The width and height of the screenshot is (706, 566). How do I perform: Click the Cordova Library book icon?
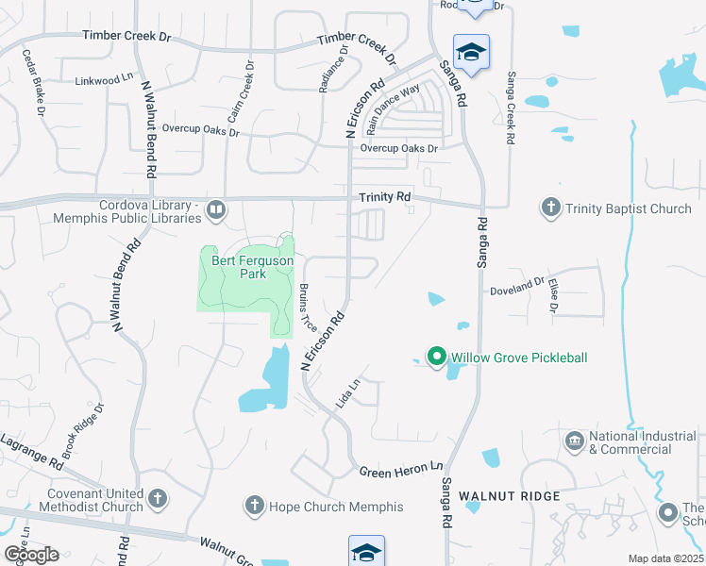215,210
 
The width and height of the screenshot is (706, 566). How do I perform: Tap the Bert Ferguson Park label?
240,267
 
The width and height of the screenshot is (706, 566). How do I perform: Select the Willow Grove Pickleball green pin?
436,357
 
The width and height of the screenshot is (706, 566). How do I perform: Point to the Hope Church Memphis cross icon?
253,506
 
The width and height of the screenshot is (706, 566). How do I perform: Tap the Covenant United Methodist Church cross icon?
158,497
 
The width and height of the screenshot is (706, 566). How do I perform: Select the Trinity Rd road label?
385,197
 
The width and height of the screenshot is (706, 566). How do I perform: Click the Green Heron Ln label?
400,469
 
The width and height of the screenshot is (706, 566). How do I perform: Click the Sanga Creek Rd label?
511,108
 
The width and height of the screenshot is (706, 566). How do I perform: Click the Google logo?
31,554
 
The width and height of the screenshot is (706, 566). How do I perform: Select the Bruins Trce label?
308,307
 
